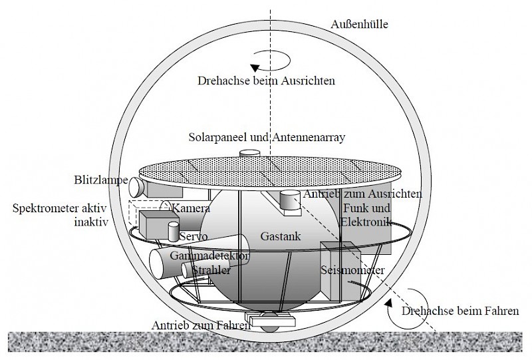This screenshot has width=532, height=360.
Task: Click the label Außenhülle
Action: pyautogui.click(x=358, y=25)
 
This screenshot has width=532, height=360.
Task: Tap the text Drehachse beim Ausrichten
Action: pyautogui.click(x=266, y=81)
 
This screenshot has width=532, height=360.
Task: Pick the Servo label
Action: pyautogui.click(x=194, y=237)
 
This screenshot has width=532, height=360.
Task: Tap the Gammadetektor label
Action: pyautogui.click(x=209, y=256)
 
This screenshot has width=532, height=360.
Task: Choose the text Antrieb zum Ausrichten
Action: pyautogui.click(x=362, y=194)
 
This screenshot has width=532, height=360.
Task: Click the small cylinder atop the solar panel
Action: pyautogui.click(x=249, y=153)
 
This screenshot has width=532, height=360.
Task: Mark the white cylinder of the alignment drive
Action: pyautogui.click(x=290, y=200)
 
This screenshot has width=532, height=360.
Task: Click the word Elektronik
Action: pyautogui.click(x=364, y=222)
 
